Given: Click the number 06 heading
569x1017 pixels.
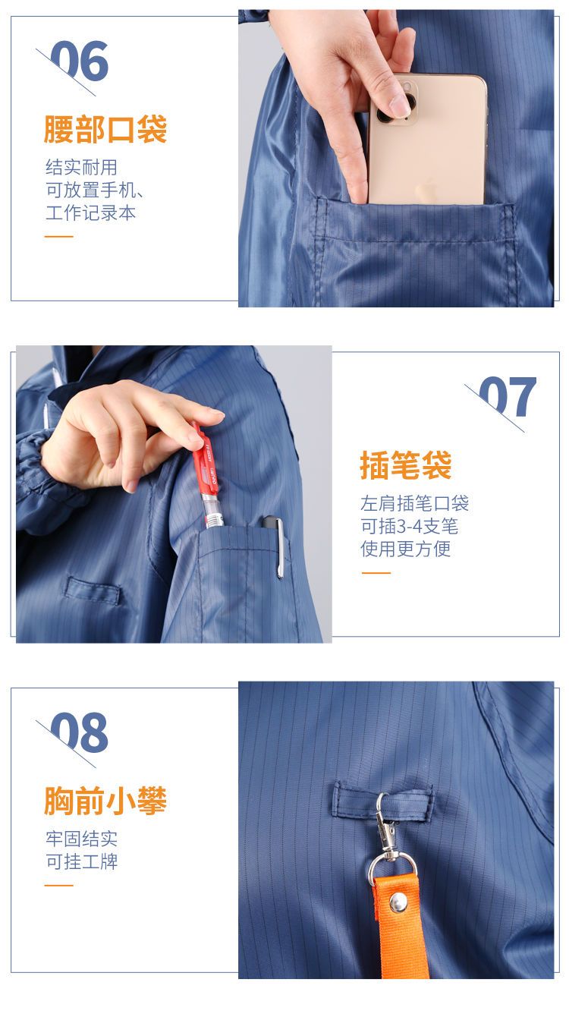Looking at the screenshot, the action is pos(80,61).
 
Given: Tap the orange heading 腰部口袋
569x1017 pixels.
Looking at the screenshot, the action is pos(105,129).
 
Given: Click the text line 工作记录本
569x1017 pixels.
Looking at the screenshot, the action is pos(91,213).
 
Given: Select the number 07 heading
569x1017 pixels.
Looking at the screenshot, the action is pos(508,396).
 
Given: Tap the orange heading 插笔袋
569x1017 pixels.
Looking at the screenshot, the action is pos(406,465).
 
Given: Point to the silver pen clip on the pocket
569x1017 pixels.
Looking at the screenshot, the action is pos(279,549).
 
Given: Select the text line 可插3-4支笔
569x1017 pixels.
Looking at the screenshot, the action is pos(409,526).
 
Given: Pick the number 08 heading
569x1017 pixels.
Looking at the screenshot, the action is pos(80,732).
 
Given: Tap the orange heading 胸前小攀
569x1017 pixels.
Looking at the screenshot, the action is pos(105,801).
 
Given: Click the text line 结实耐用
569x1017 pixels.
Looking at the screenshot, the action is pos(82,168).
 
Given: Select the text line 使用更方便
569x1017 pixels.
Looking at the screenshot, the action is pos(406,549).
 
